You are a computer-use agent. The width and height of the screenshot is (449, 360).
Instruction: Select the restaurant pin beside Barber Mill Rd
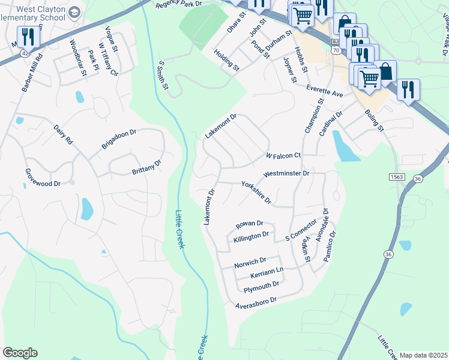[x=28, y=37]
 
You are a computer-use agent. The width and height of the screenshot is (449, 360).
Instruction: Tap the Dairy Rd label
[x=62, y=132]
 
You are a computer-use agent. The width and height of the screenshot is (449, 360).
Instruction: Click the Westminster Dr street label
[x=286, y=174]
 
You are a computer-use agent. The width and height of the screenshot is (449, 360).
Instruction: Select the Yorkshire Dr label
[x=256, y=192]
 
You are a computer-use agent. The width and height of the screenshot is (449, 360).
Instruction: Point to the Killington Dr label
[x=255, y=236]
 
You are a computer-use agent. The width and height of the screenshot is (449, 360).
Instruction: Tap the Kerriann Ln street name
[x=267, y=272]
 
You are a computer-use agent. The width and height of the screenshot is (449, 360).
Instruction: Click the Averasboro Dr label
[x=256, y=301]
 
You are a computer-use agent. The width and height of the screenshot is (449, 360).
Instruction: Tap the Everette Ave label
[x=324, y=91]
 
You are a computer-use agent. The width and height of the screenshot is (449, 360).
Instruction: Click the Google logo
[x=20, y=353]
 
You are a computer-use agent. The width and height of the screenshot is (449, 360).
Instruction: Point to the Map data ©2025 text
[x=423, y=355]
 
